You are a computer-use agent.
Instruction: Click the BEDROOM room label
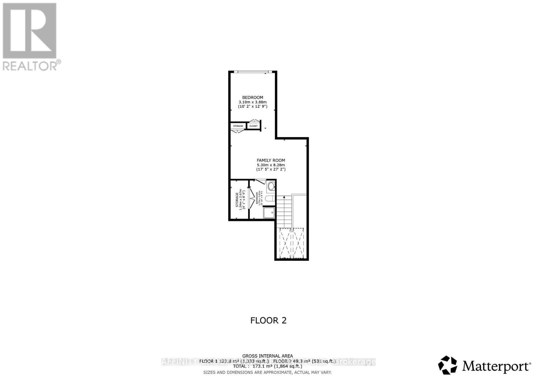coord(252,97)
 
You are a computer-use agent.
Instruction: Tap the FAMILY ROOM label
coord(271,160)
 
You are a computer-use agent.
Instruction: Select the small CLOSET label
coord(253,126)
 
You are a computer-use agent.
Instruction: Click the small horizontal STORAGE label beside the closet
coord(238,126)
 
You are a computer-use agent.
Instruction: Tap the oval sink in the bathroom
coord(271,186)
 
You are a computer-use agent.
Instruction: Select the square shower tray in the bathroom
coord(269,212)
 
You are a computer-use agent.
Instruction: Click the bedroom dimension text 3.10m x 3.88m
coord(252,102)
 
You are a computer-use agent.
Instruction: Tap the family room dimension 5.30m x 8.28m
coord(271,165)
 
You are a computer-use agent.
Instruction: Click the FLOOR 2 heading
coord(268,320)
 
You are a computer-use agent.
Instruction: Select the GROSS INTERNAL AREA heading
coord(267,356)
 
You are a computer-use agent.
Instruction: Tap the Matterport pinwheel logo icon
coord(448,365)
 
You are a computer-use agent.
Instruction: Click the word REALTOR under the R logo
coord(30,65)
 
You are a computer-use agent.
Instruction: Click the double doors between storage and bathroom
coord(251,199)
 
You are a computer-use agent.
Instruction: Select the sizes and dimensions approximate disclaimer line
coord(267,372)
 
